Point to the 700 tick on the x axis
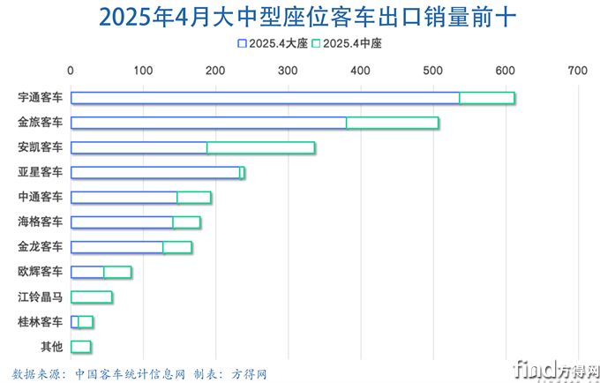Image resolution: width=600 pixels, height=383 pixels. pyautogui.click(x=577, y=70)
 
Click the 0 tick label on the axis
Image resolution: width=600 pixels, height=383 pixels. pyautogui.click(x=71, y=70)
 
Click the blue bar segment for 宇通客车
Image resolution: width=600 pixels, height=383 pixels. pyautogui.click(x=265, y=98)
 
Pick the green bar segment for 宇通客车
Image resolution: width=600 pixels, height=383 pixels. pyautogui.click(x=487, y=98)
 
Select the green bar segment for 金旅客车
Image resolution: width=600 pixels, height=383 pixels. pyautogui.click(x=393, y=123)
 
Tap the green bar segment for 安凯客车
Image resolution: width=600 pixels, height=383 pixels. pyautogui.click(x=261, y=147)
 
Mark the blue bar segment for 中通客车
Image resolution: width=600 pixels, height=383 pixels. pyautogui.click(x=124, y=198)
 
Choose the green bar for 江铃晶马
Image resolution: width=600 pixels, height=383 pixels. pyautogui.click(x=92, y=297)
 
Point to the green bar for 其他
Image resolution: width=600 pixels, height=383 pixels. pyautogui.click(x=81, y=346)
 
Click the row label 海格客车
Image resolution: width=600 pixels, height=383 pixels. pyautogui.click(x=41, y=222)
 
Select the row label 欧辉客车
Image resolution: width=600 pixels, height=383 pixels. pyautogui.click(x=41, y=272)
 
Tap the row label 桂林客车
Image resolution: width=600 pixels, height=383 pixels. pyautogui.click(x=41, y=321)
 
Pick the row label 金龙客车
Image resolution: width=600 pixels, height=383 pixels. pyautogui.click(x=41, y=247)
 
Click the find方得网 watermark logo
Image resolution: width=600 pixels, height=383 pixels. pyautogui.click(x=556, y=369)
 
